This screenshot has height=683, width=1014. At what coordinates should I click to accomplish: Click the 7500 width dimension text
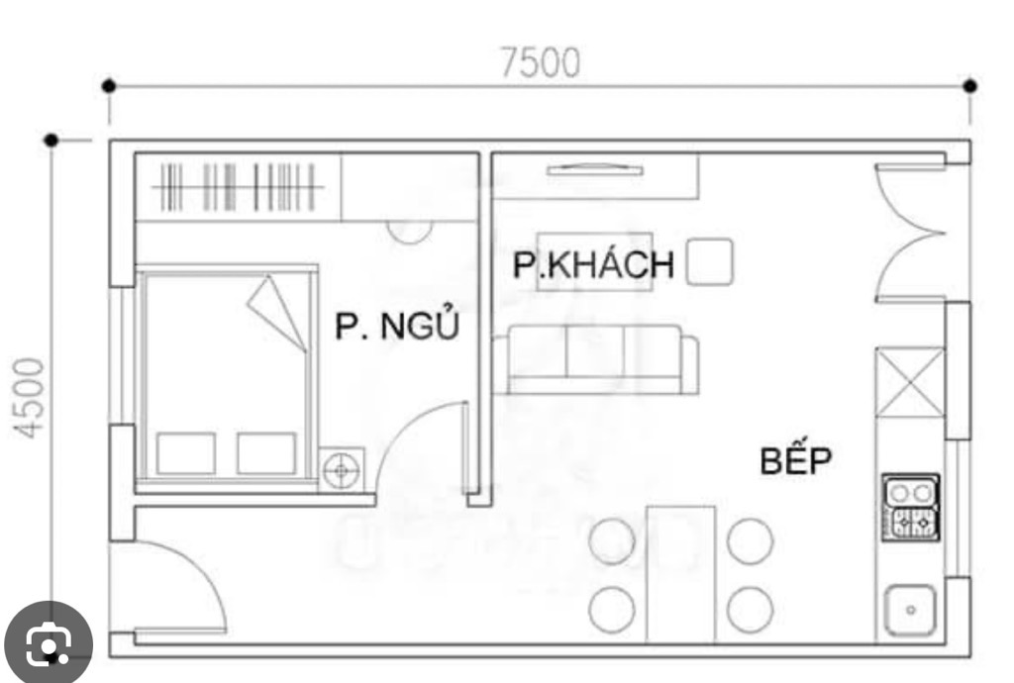[540, 62]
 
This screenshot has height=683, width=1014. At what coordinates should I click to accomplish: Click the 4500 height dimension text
[31, 397]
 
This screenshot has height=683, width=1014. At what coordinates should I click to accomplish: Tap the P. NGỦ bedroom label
[397, 326]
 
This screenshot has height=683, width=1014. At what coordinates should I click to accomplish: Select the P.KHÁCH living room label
[593, 265]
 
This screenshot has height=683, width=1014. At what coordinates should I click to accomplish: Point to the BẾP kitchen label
[796, 460]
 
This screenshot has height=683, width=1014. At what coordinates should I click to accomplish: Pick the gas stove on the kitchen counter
[912, 507]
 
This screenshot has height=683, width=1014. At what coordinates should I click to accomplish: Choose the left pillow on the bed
[186, 453]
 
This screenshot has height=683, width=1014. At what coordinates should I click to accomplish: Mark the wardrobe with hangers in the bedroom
[239, 187]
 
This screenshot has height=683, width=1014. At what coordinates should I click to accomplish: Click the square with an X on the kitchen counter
[910, 381]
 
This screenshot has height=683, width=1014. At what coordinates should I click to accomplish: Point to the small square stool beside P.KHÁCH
[710, 261]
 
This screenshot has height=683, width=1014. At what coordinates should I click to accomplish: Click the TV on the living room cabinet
[594, 170]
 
